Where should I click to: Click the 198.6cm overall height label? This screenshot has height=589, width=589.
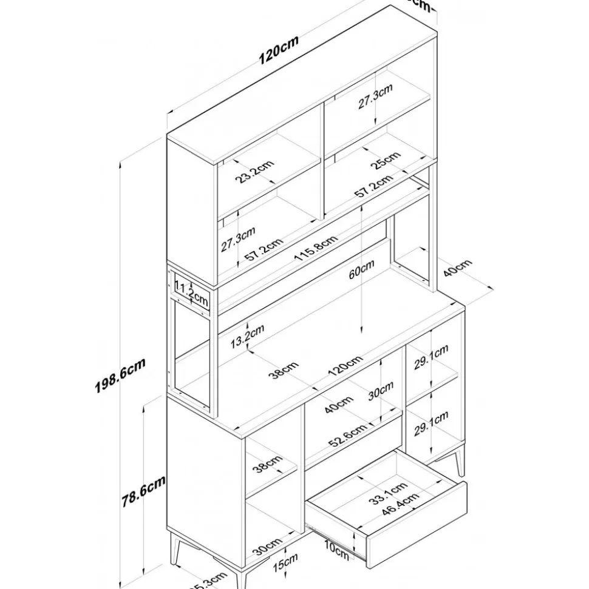pyautogui.click(x=120, y=377)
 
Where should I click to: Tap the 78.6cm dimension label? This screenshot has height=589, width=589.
pyautogui.click(x=144, y=491)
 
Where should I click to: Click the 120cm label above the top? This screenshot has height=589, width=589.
pyautogui.click(x=278, y=49)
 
